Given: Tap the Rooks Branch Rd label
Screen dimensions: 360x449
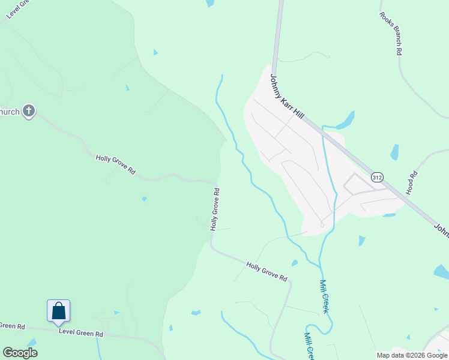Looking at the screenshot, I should pyautogui.click(x=390, y=34).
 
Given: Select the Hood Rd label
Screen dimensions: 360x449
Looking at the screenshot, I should pyautogui.click(x=412, y=183).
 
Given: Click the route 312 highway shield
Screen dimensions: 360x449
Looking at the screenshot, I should pyautogui.click(x=377, y=178).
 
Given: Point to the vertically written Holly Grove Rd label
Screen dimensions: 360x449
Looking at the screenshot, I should pyautogui.click(x=214, y=209).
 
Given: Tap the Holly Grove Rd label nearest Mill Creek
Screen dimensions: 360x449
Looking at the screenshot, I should pyautogui.click(x=267, y=271).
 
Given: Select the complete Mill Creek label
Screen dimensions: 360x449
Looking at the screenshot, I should pyautogui.click(x=324, y=296).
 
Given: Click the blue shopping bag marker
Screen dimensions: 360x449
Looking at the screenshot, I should pyautogui.click(x=59, y=311).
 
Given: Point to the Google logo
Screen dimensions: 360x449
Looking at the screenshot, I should pyautogui.click(x=20, y=353).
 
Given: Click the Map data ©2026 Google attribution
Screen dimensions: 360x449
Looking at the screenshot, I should pyautogui.click(x=412, y=355).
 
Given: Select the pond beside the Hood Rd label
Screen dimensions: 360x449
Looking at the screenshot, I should pyautogui.click(x=394, y=152).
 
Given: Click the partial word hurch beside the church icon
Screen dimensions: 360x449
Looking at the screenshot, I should pyautogui.click(x=10, y=112).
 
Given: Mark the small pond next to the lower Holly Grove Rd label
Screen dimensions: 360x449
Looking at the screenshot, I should pyautogui.click(x=294, y=263).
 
